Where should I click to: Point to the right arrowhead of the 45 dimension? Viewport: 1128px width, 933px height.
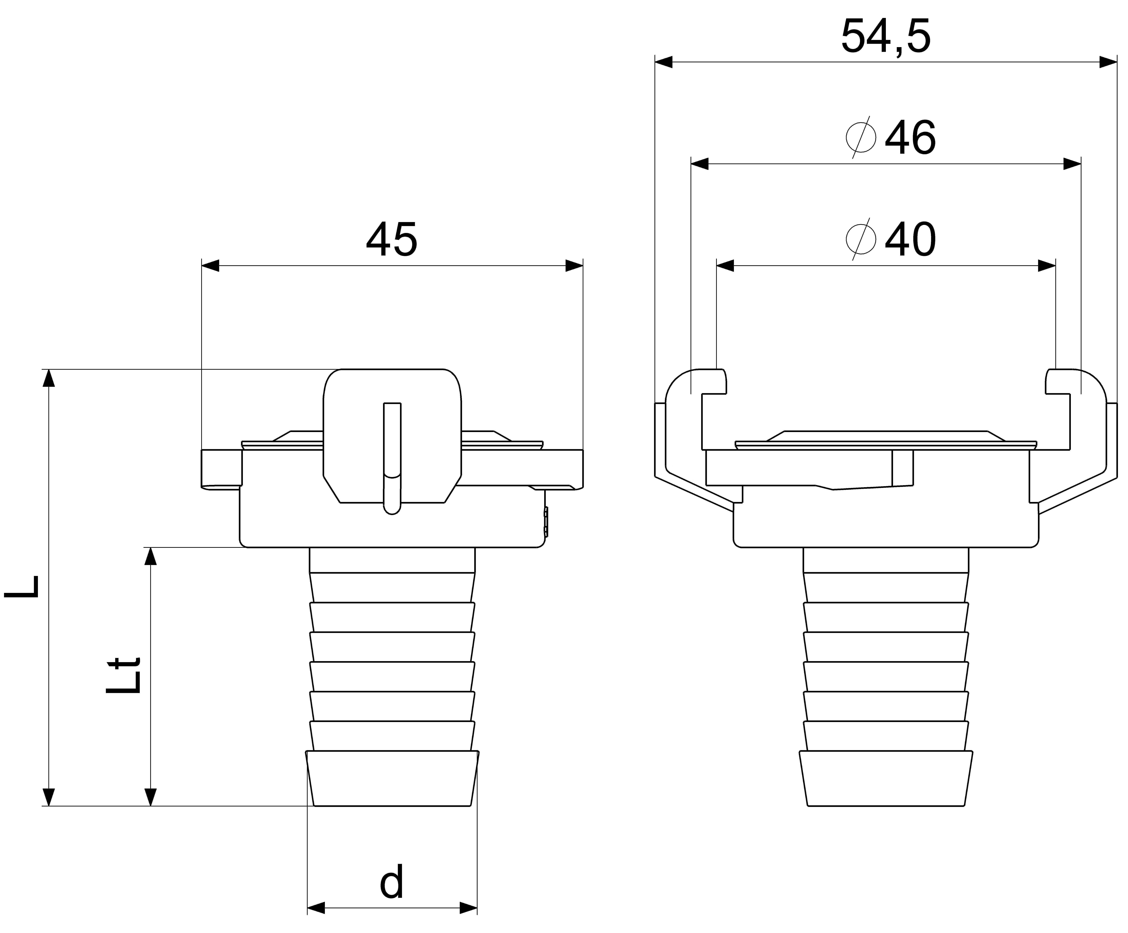[x=574, y=265]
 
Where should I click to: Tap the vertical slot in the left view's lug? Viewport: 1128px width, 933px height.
[x=392, y=457]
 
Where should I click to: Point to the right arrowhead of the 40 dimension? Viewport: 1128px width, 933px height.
[x=1047, y=265]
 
